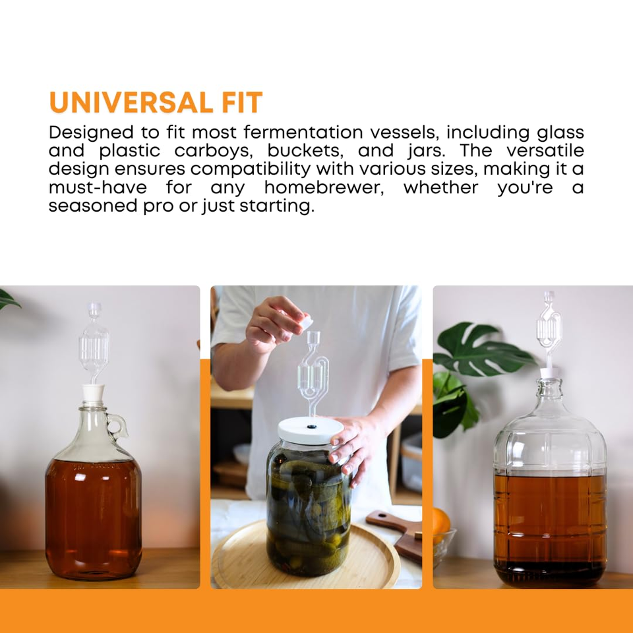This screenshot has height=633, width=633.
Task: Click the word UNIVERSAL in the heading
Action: (x=124, y=103)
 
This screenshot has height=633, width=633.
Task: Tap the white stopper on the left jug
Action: (x=94, y=395)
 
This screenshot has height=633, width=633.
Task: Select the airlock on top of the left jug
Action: (x=94, y=343)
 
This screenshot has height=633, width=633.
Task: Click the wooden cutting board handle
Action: (x=389, y=521)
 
